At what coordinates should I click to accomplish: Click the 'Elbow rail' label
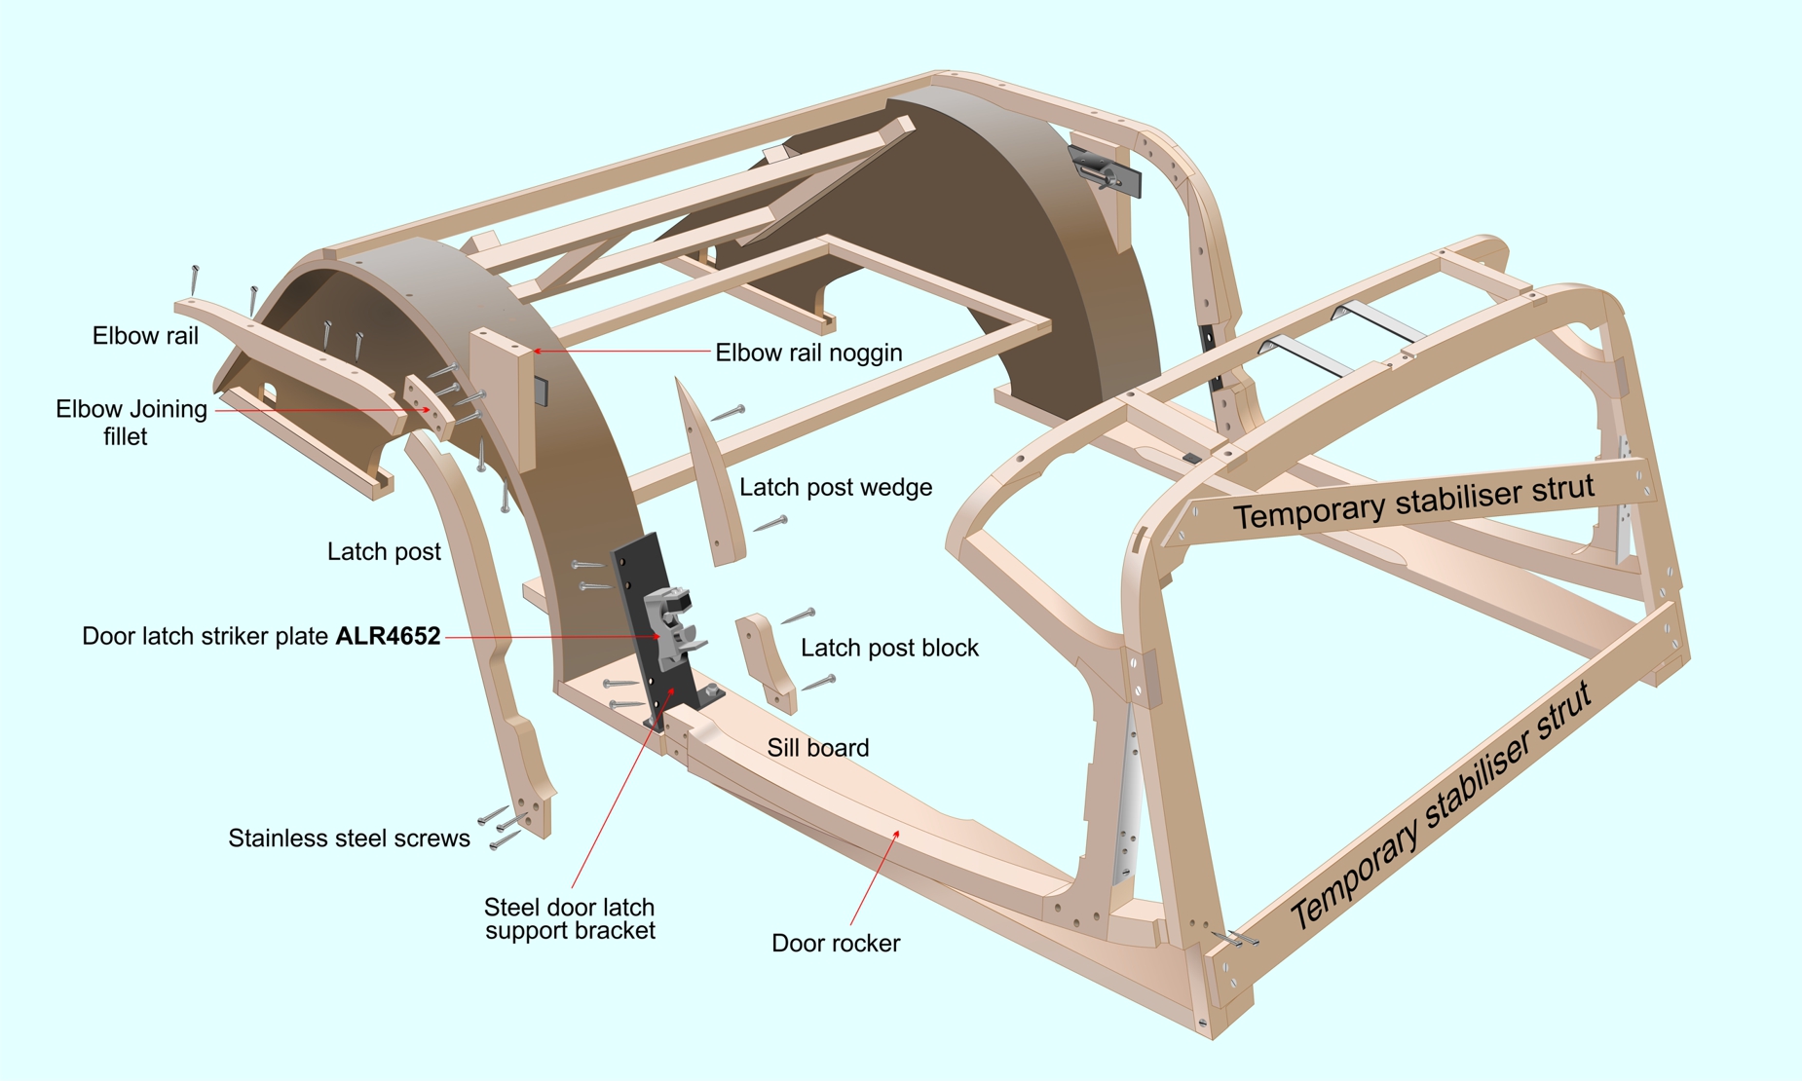point(145,336)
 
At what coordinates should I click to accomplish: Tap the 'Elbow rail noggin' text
point(808,353)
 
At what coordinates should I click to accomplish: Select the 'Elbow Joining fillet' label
point(131,423)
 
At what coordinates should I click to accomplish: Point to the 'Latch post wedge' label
point(836,487)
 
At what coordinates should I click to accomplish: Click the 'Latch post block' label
point(889,648)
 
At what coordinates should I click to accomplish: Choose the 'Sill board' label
point(818,748)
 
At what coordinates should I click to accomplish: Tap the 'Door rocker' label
point(836,944)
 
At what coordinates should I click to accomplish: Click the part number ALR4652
point(388,636)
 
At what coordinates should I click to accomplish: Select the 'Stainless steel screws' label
point(349,839)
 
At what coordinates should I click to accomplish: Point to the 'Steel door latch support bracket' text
point(570,919)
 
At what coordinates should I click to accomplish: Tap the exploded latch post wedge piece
point(709,473)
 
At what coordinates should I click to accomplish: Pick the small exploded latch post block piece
point(766,662)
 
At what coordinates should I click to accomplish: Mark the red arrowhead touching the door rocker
point(895,835)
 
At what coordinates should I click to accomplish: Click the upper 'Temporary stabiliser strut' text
point(1413,501)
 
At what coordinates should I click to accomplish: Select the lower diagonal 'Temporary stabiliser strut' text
point(1440,804)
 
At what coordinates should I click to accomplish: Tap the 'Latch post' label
point(384,552)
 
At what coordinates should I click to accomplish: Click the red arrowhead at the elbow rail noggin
point(537,351)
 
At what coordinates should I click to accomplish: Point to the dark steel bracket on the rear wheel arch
point(1104,171)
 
